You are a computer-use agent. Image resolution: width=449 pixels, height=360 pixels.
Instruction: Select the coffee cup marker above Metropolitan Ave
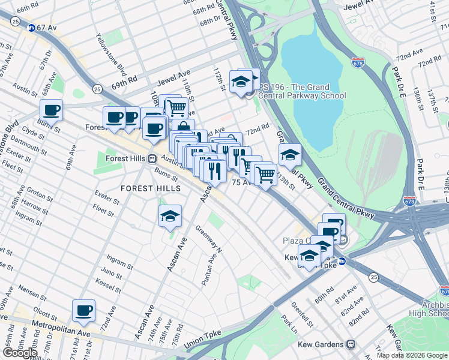[x=84, y=311]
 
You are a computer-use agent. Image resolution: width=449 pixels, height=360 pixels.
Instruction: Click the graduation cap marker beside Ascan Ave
[x=170, y=217]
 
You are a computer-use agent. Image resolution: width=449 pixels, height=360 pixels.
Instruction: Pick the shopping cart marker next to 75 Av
[x=265, y=175]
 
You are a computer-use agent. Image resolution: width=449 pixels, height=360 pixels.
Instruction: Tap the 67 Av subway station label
[x=44, y=28]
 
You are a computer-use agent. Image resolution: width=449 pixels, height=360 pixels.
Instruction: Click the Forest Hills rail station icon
[x=152, y=159]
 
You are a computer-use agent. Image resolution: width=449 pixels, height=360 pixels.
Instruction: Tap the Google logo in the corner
[x=19, y=353]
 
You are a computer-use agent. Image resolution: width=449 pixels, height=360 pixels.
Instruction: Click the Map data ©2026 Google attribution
[x=412, y=355]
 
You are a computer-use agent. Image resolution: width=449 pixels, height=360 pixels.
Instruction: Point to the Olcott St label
[x=45, y=313]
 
